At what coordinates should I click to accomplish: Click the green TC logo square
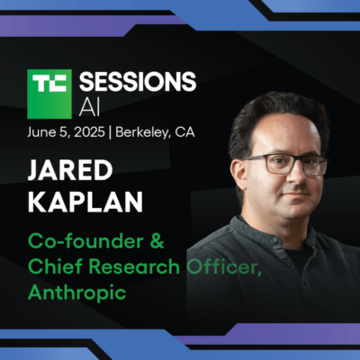point(49,94)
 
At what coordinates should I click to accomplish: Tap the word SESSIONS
point(138,82)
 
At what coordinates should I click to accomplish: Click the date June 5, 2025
point(66,132)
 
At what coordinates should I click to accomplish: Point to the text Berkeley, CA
point(155,132)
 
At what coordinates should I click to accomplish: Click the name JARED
point(70,170)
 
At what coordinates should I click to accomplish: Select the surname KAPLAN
point(85,202)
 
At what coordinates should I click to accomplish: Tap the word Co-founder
point(85,241)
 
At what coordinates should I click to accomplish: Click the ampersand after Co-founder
point(157,241)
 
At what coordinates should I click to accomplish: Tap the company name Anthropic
point(77,292)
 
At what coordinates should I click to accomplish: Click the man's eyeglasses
point(285,164)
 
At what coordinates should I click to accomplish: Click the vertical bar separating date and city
point(110,133)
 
